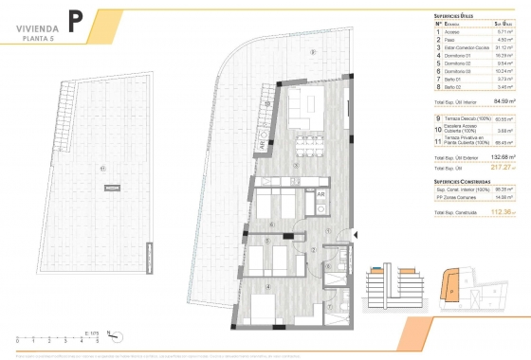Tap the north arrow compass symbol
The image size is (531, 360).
(x=110, y=333)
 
